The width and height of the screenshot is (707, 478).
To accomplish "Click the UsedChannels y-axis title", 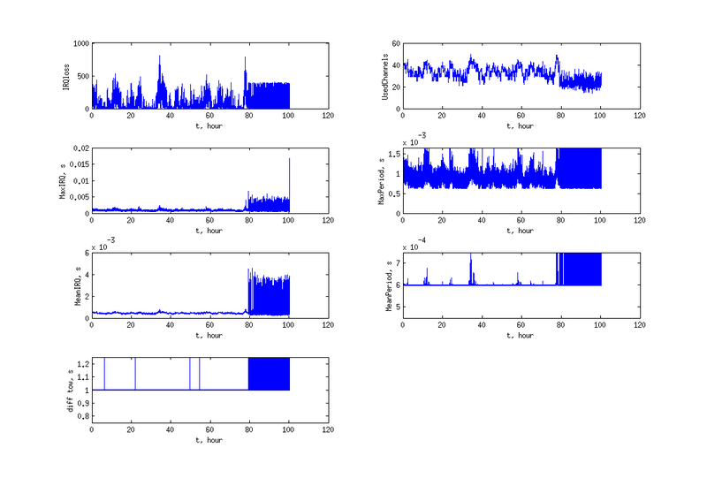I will (387, 75).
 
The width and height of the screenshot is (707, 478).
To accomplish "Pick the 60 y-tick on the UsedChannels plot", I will (395, 42).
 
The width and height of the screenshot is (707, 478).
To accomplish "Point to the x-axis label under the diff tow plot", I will (209, 441).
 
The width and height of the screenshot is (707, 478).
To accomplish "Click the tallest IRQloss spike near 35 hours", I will (159, 57).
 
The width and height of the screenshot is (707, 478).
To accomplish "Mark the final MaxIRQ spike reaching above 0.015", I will (289, 159).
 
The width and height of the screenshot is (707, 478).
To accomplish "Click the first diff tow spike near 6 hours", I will (104, 371).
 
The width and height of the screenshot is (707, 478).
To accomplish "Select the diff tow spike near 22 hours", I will (135, 371).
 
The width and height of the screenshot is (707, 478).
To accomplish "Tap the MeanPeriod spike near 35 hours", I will (471, 256).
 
